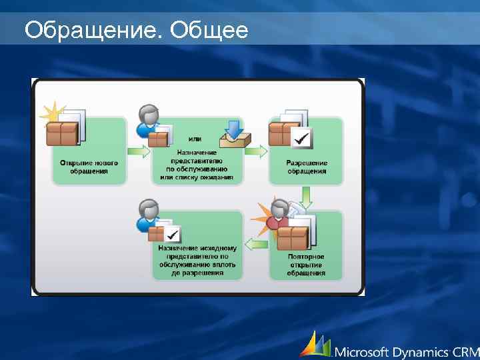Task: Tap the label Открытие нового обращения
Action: [89, 167]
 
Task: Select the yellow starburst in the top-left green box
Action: [52, 113]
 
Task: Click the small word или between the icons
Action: [195, 139]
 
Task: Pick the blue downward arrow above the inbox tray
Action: [234, 129]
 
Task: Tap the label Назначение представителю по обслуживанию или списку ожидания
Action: [197, 164]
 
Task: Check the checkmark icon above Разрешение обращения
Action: [302, 139]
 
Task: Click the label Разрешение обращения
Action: [307, 167]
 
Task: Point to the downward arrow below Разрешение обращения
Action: [306, 197]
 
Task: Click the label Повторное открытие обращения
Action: [307, 265]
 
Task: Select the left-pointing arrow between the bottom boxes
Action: [256, 244]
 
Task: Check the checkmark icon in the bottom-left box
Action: [172, 234]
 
